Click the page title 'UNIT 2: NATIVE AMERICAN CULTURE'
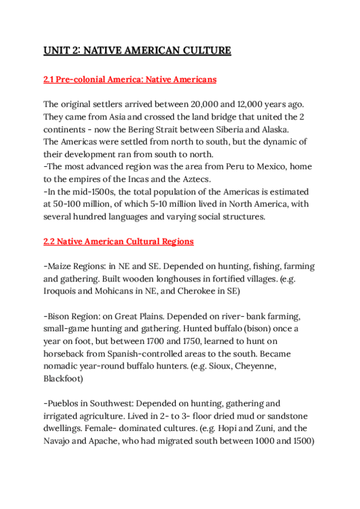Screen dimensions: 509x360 pos(137,50)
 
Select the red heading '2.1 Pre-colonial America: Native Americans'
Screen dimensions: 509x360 pos(130,79)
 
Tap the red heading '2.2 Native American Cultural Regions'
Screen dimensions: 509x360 pos(118,242)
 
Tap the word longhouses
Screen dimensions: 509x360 pos(179,279)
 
